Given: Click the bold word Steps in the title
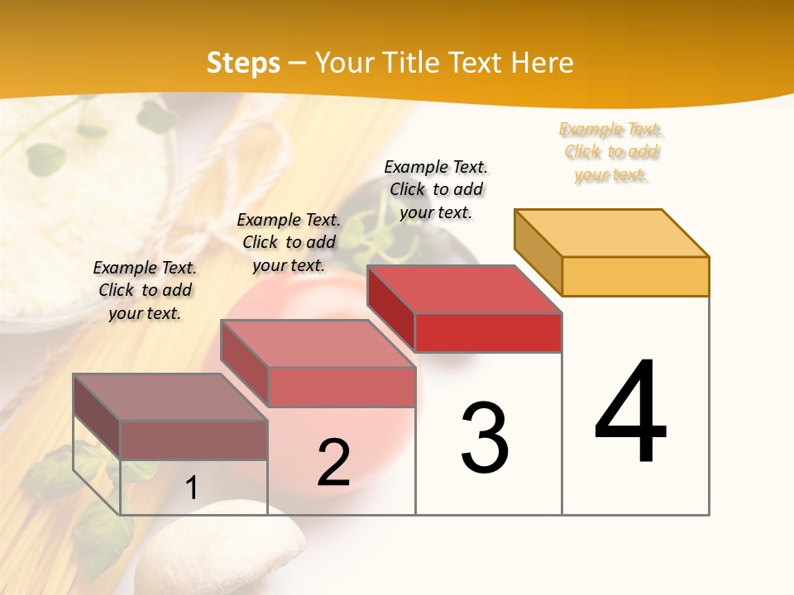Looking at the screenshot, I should click(x=243, y=63).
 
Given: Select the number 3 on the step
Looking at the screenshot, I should click(x=484, y=438).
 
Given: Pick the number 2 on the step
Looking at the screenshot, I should click(x=333, y=463).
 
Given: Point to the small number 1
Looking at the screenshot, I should click(x=191, y=488).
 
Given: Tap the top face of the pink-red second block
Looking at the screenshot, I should click(x=318, y=344).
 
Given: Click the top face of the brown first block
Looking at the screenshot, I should click(x=170, y=397).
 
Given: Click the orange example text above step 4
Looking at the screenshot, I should click(x=610, y=152).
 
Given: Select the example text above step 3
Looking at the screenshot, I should click(x=436, y=189).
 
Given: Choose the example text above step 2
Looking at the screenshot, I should click(x=289, y=242).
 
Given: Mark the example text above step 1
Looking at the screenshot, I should click(x=145, y=290).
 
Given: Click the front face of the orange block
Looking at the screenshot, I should click(x=635, y=276).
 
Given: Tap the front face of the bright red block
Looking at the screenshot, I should click(x=488, y=332).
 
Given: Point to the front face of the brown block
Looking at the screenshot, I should click(x=194, y=440).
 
